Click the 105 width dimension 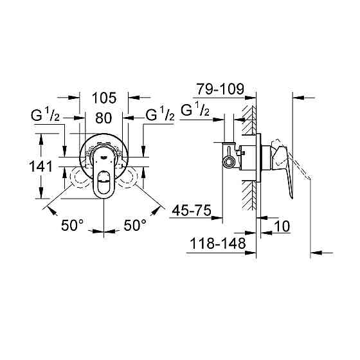(104, 98)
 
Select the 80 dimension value (104, 118)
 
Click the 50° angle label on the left (73, 226)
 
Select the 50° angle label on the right (135, 226)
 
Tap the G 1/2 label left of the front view (45, 116)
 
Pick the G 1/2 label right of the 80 (160, 116)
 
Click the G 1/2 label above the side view (196, 110)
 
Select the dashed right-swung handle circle (129, 176)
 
